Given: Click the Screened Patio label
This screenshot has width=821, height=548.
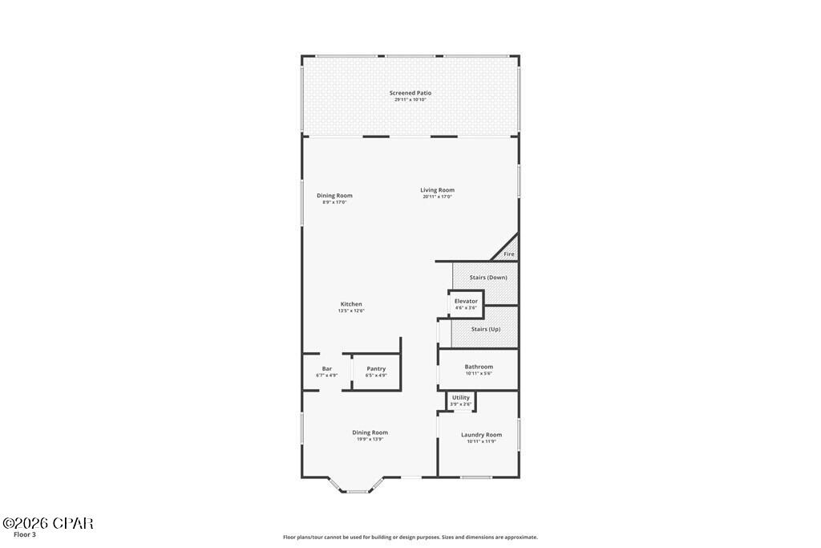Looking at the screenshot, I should point(410,93).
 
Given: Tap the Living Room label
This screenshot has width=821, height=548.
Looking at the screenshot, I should point(437,190).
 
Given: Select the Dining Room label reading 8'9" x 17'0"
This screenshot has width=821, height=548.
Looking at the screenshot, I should point(334,196).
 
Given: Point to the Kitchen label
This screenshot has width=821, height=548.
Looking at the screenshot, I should point(351,304).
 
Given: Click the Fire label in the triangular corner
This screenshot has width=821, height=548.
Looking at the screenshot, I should point(508,254).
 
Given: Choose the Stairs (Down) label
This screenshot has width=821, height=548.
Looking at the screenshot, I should point(488,278).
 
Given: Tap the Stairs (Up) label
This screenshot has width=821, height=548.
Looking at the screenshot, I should point(485,329).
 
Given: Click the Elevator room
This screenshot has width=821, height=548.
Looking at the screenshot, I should point(466,304).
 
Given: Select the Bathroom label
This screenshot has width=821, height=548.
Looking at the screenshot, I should point(479,367).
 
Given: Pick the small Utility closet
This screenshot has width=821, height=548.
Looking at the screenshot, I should point(461,400).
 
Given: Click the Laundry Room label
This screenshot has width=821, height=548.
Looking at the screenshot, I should point(481,435).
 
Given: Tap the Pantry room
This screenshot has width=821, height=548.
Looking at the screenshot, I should point(376,371).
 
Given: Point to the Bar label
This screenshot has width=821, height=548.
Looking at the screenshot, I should point(327,369).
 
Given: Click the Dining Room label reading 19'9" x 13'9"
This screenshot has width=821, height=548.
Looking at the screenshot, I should point(370,432).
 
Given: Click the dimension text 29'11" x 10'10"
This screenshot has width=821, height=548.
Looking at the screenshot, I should point(410,99).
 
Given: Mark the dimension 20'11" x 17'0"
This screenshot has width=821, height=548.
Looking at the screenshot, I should point(437,197).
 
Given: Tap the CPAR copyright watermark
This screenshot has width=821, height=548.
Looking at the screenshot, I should point(47,523).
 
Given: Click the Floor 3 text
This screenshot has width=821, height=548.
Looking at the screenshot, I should point(25,534).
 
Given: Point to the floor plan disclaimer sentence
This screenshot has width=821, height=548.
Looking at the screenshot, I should point(410,538).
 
